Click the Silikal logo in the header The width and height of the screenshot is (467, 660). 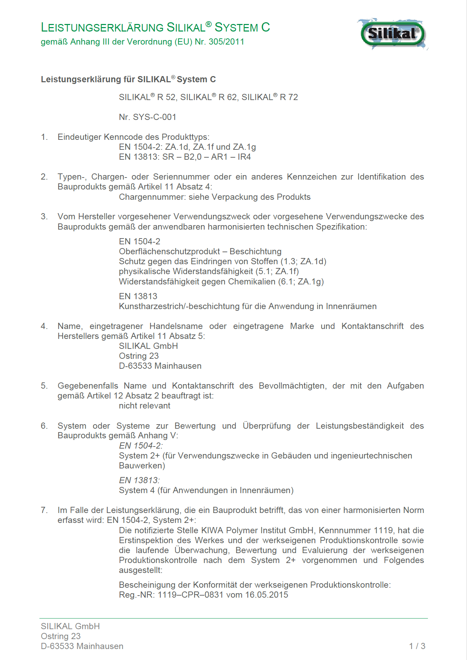tap(393, 34)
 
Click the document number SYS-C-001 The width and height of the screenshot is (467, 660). tap(155, 117)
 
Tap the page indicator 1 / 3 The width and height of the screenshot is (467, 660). tap(417, 646)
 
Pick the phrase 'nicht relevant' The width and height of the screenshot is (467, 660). tap(145, 406)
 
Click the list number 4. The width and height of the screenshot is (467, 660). tap(44, 326)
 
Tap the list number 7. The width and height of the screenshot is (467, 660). tap(44, 510)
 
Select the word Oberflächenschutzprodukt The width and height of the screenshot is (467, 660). tap(169, 252)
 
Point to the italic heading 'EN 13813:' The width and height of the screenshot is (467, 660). tap(139, 480)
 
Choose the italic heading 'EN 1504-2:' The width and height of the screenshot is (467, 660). tap(141, 446)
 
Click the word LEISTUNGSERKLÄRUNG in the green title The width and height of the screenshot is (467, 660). tap(102, 27)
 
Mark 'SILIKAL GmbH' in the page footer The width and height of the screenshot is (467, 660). tap(70, 626)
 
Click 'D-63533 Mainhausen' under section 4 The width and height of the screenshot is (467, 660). tap(160, 366)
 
